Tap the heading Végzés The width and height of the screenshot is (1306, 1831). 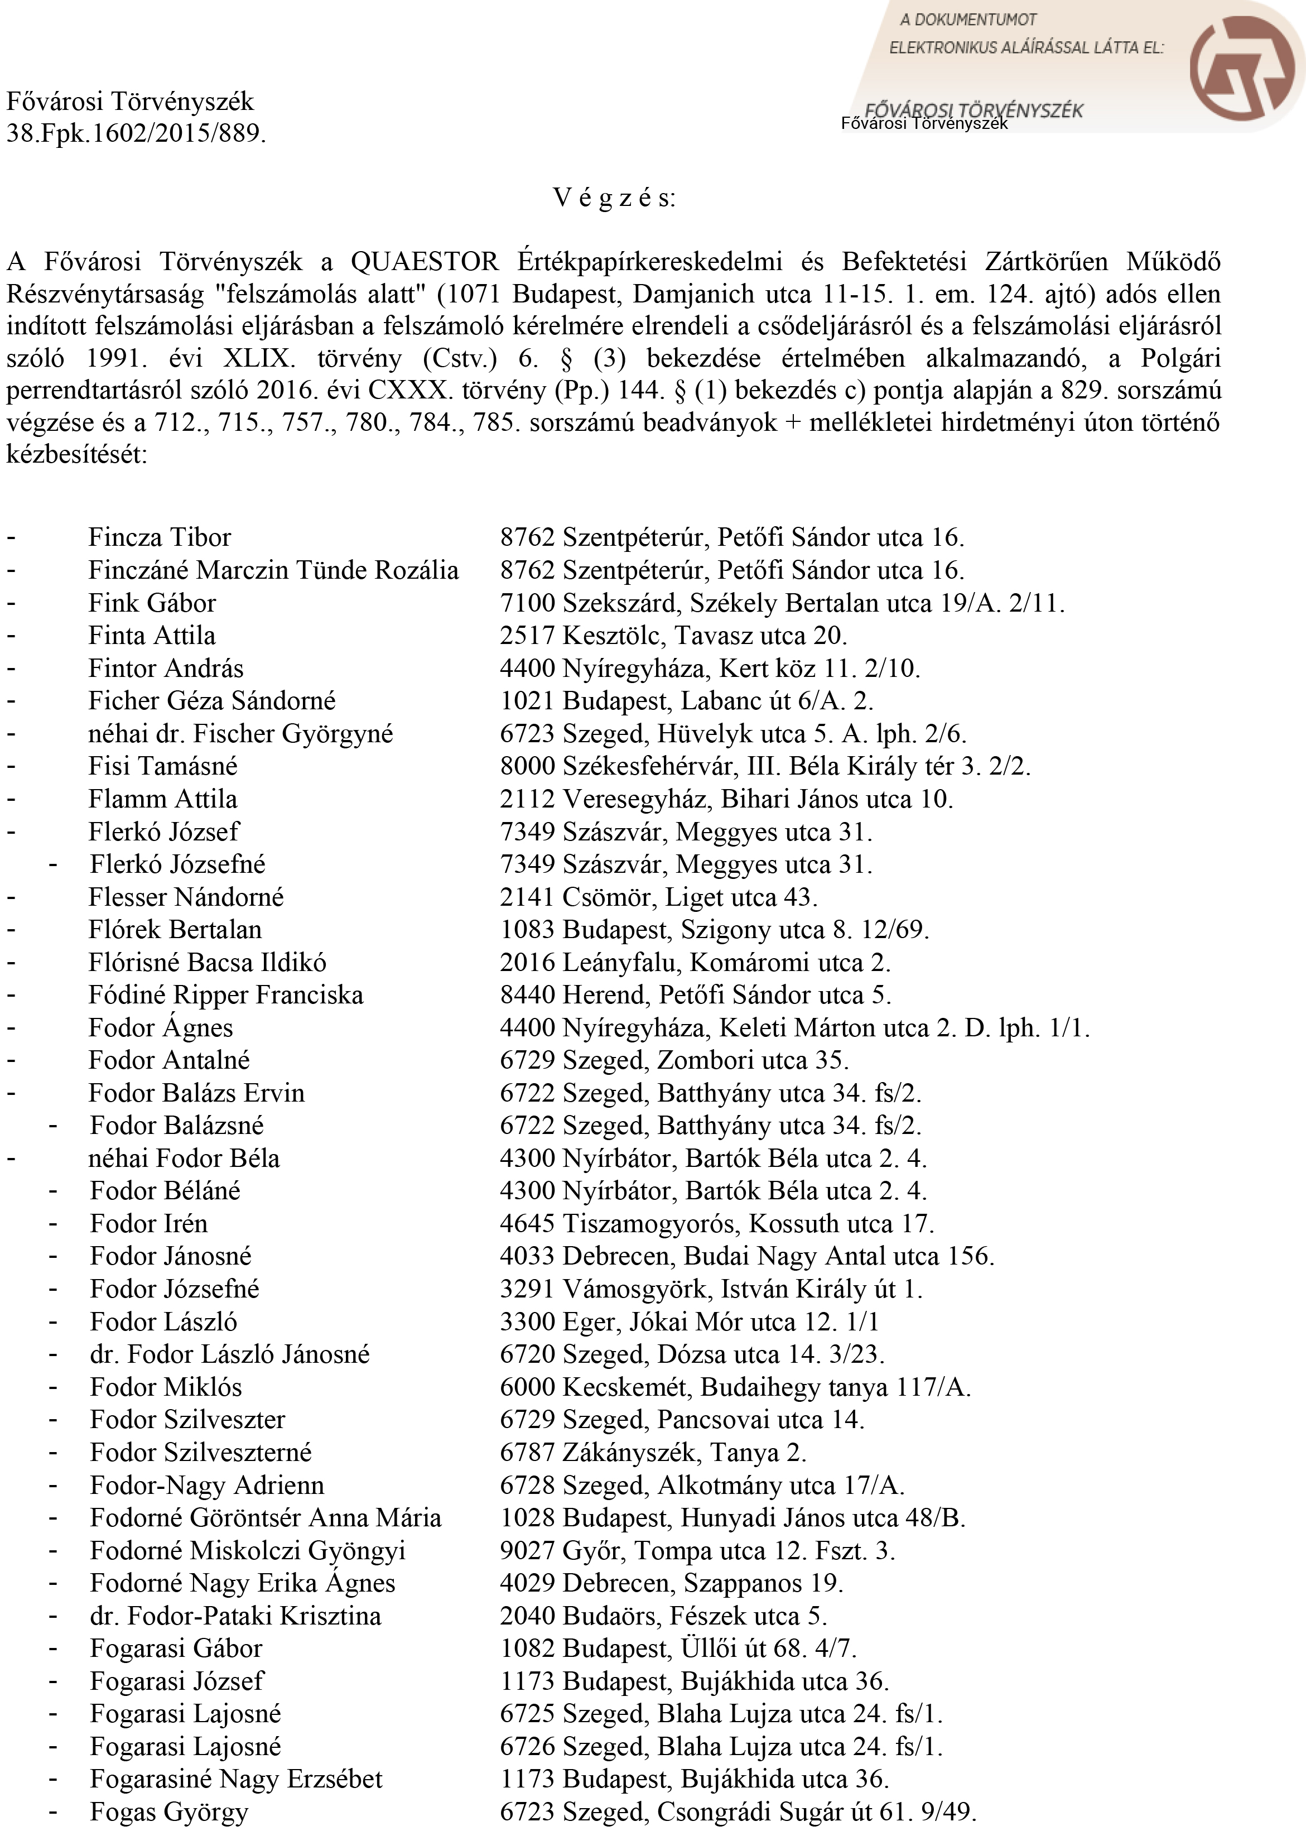tap(614, 198)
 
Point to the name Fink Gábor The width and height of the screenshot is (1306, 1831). tap(152, 603)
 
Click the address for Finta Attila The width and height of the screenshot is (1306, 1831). tap(673, 636)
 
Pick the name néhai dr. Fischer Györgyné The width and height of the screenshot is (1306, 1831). tap(240, 734)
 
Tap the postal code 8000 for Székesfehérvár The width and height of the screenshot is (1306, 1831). tap(527, 766)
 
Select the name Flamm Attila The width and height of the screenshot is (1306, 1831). tap(162, 799)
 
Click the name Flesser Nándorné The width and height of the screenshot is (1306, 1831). tap(186, 897)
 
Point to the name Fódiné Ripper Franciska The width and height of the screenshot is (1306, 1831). tap(225, 995)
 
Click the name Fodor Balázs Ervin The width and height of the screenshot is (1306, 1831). tap(196, 1093)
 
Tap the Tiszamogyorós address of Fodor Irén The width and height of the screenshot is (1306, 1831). tap(716, 1224)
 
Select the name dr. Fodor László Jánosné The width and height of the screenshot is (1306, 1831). tap(229, 1354)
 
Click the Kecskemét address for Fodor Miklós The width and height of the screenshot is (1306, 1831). tap(735, 1387)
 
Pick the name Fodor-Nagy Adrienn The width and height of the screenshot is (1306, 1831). tap(206, 1485)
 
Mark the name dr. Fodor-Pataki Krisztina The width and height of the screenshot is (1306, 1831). tap(235, 1616)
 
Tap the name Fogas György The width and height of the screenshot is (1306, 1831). tap(169, 1811)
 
